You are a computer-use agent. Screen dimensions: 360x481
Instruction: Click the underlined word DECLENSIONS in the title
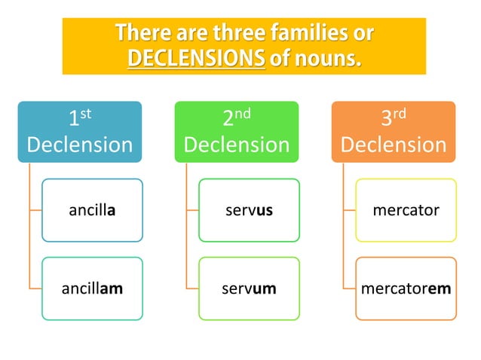coord(196,57)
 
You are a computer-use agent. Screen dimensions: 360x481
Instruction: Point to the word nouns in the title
coord(327,57)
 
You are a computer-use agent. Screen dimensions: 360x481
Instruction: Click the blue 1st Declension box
coord(80,131)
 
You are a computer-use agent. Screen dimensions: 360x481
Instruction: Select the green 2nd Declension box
coord(237,131)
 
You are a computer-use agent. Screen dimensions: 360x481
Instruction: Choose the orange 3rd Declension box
coord(394,131)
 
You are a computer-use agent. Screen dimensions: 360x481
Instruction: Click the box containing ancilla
coord(92,210)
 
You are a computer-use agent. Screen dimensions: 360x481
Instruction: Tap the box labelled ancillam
coord(92,288)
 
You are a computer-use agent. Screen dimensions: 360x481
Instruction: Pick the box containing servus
coord(249,210)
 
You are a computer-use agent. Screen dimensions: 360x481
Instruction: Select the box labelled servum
coord(249,288)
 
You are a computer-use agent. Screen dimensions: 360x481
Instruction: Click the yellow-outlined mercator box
coord(406,210)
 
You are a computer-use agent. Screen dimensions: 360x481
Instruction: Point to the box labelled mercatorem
coord(406,288)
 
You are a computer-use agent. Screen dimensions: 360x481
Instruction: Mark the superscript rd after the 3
coord(400,114)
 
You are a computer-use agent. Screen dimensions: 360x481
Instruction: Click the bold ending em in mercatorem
coord(439,288)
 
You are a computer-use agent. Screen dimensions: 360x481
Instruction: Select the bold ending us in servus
coord(263,210)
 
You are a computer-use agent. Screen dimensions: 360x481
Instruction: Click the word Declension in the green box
coord(237,144)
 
